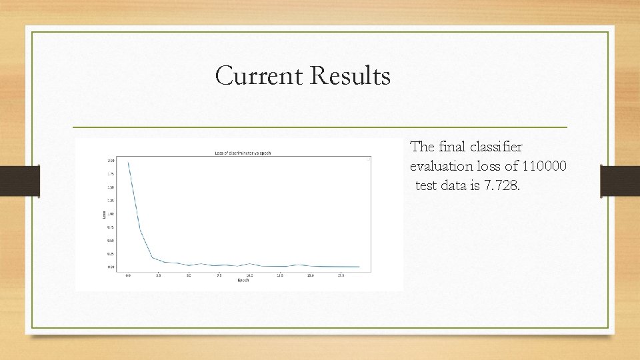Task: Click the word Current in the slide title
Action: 259,76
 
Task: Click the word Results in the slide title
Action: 350,76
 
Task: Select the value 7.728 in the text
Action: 501,185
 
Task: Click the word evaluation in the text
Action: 442,166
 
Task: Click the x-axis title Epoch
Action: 243,279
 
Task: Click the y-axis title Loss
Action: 104,214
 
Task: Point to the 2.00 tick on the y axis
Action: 111,161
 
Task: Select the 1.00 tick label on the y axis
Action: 111,214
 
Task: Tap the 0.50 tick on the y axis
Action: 111,241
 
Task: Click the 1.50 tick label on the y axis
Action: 111,187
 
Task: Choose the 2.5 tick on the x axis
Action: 159,275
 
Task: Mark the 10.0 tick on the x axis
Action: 249,275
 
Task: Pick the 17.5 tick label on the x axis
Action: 341,275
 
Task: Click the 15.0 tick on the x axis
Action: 311,275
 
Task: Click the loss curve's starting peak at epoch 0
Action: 129,163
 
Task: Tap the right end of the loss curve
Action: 359,267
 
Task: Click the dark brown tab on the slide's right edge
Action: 619,181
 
